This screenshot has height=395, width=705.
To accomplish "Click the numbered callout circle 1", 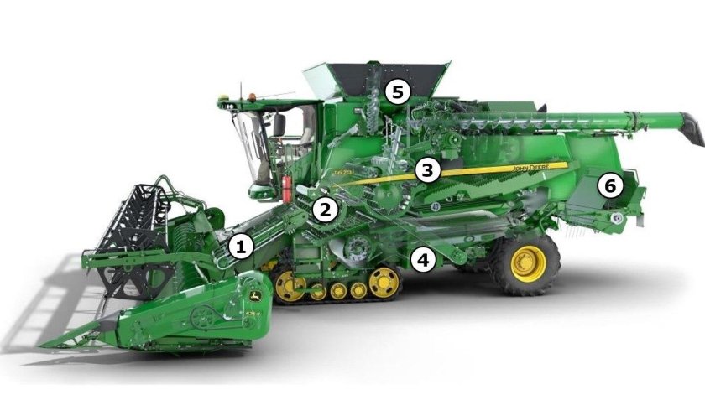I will (242, 247).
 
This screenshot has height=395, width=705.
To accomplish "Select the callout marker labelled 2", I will (326, 210).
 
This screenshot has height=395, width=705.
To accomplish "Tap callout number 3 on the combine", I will (427, 170).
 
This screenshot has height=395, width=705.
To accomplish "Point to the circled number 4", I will (423, 260).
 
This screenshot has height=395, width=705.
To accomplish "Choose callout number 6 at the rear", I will (610, 185).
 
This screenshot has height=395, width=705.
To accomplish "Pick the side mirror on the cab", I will (278, 126).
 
